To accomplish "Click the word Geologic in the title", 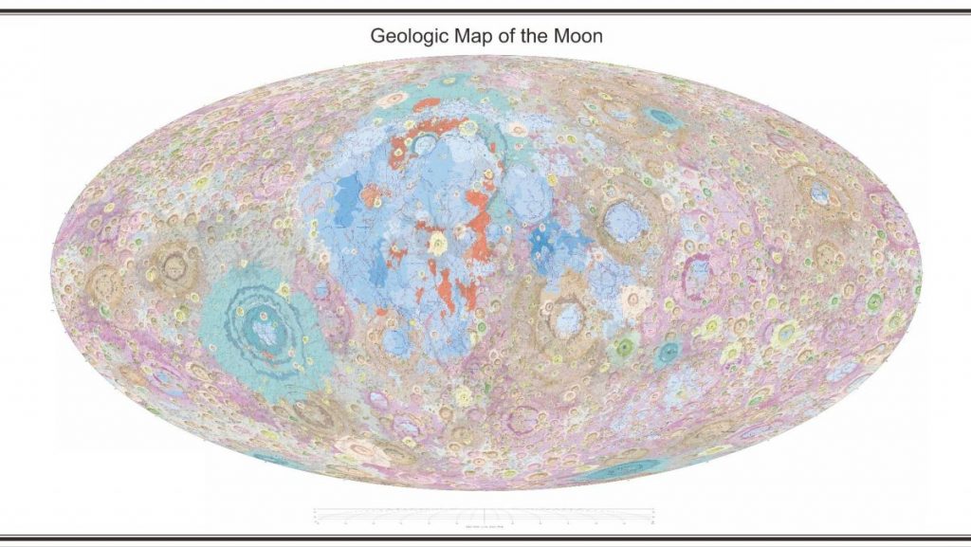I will point(406,37).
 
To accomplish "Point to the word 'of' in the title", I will point(504,37).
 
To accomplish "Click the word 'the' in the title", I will point(533,37).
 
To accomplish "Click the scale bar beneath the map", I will point(485,515).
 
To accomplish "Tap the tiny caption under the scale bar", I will point(485,522).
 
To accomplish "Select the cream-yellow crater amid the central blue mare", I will point(438,244).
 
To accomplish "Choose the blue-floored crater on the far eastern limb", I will point(819,193).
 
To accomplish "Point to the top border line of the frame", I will point(485,11).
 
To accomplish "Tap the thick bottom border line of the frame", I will point(485,538).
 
